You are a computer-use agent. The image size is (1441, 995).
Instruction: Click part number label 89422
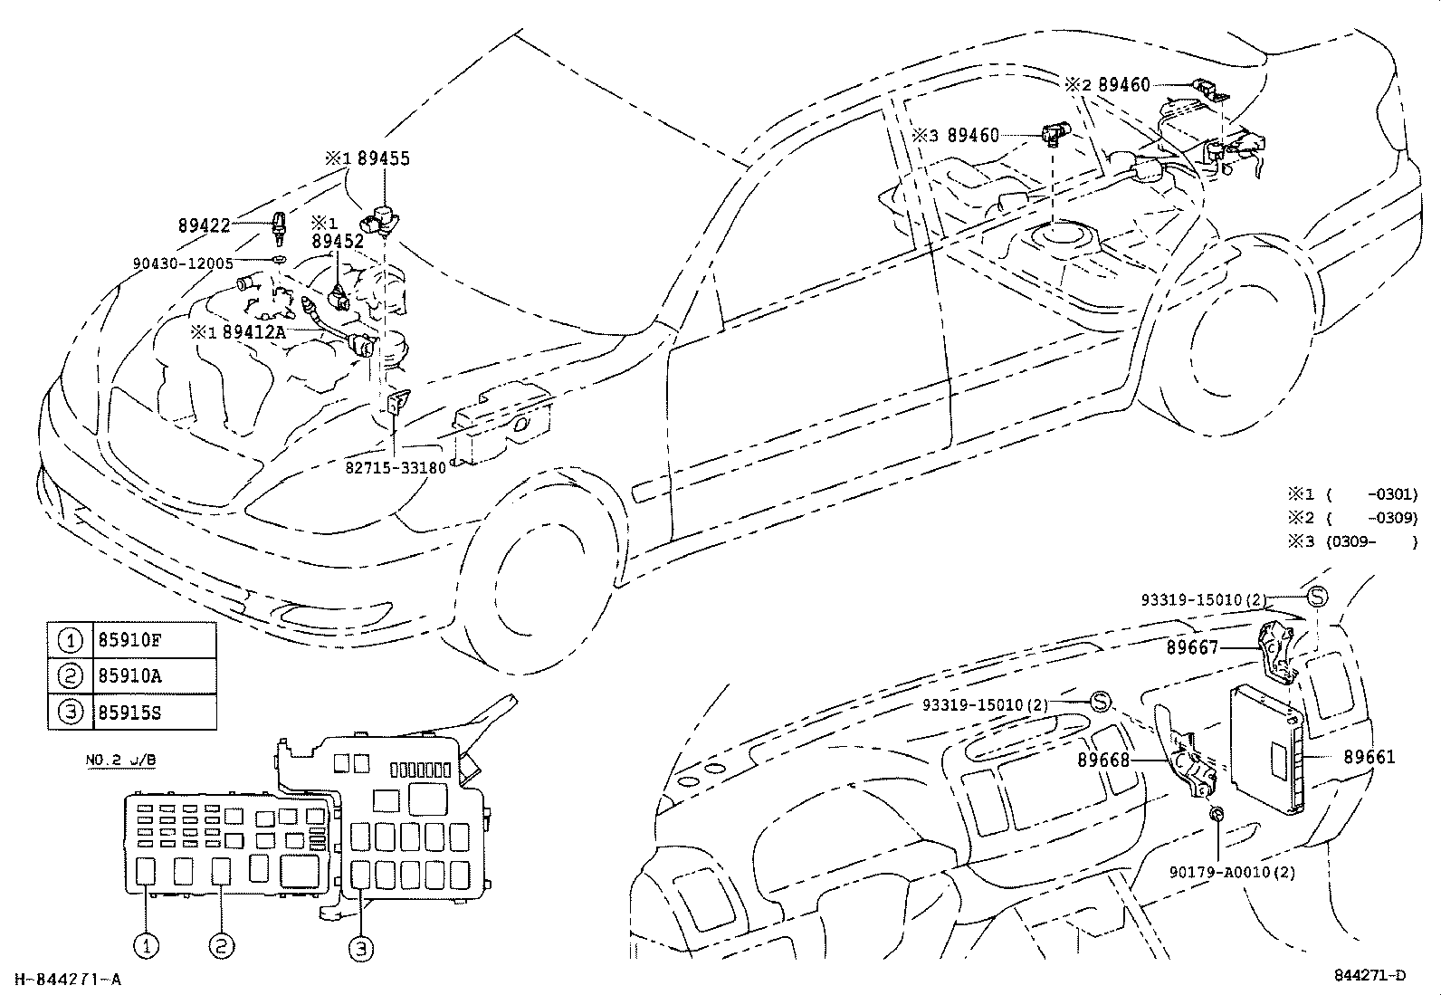point(204,226)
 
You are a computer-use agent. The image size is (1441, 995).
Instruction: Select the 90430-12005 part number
point(183,263)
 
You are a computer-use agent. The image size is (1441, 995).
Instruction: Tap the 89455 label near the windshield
point(383,158)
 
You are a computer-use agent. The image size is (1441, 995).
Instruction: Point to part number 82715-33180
point(396,468)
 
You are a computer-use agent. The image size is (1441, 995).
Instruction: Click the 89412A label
point(253,331)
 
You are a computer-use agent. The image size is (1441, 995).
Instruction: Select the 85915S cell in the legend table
point(128,712)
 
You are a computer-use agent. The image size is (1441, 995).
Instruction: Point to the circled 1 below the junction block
point(147,947)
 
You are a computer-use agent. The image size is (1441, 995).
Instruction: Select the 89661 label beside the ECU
point(1369,756)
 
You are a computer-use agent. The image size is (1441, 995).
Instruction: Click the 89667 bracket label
point(1192,647)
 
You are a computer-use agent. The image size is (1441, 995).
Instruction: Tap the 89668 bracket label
point(1103,760)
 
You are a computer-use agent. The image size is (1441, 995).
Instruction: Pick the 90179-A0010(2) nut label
point(1232,873)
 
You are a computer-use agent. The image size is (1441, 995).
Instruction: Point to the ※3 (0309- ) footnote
point(1353,541)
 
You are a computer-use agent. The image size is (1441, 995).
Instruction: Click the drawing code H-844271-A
point(67,978)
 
